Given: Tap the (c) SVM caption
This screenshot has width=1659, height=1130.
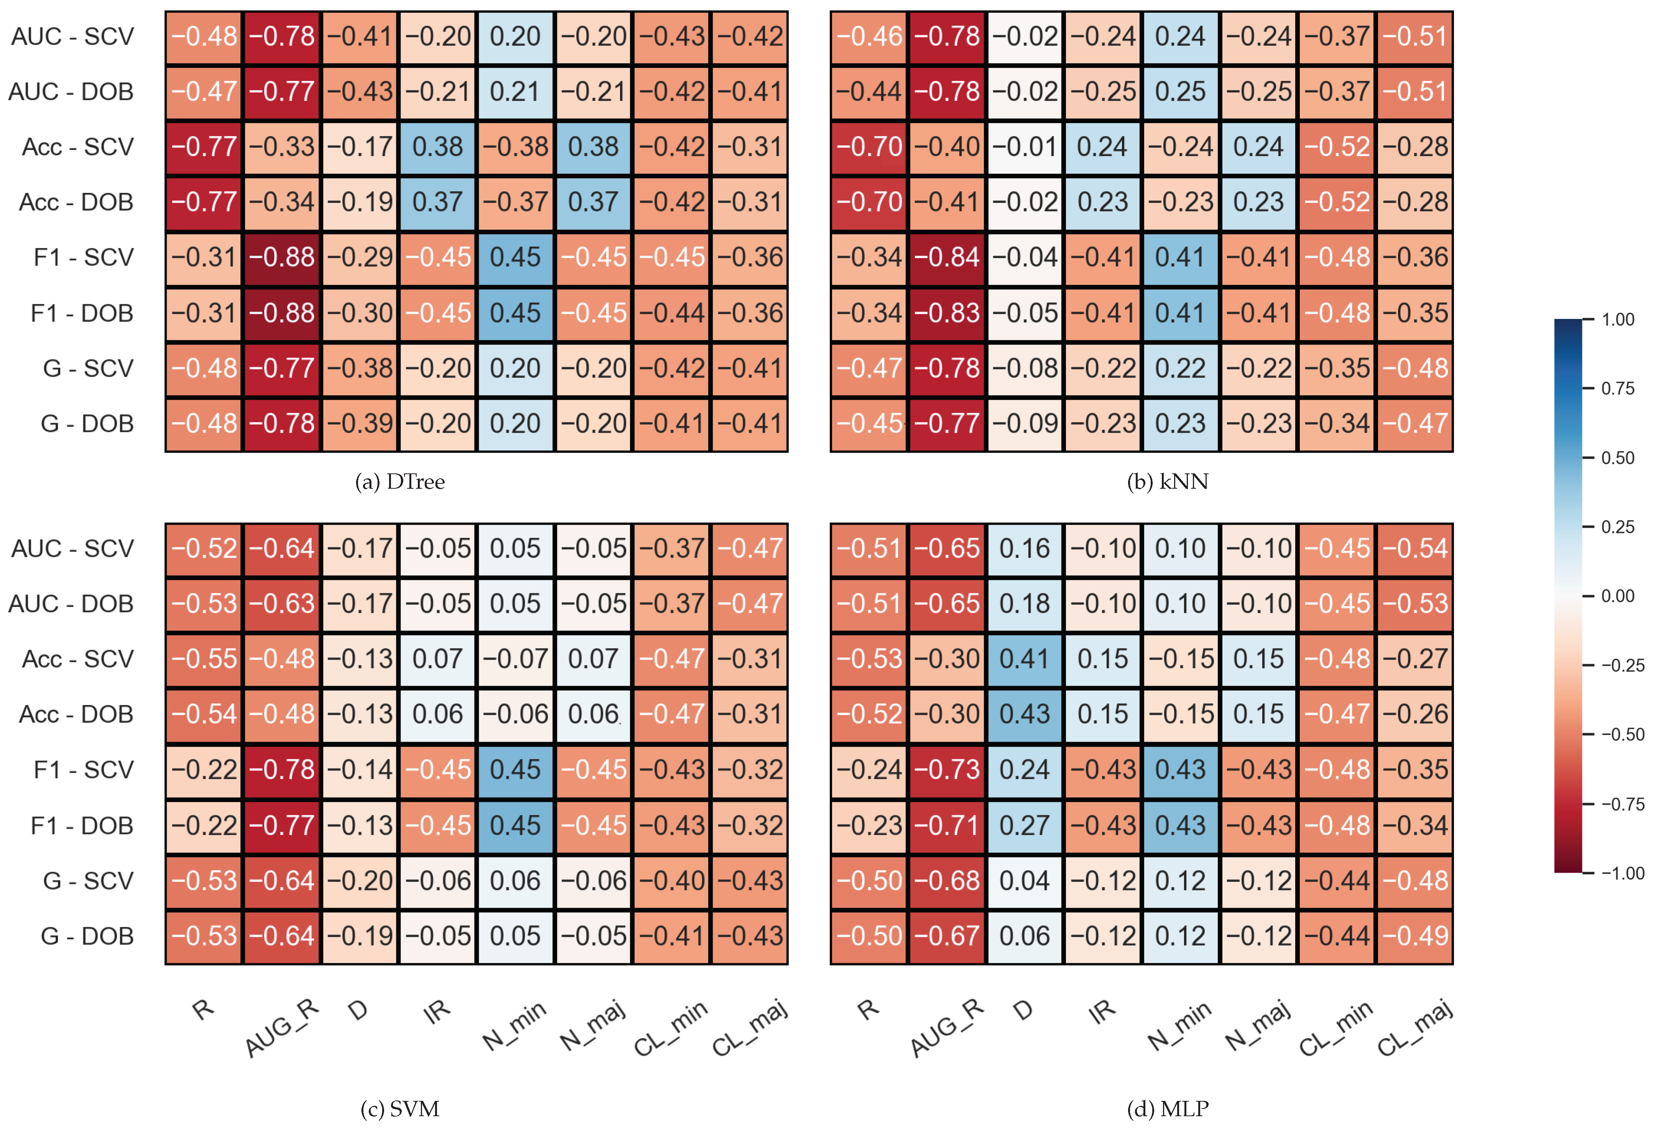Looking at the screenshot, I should (400, 1109).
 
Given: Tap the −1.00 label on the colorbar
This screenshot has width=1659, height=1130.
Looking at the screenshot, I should (1622, 873).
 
